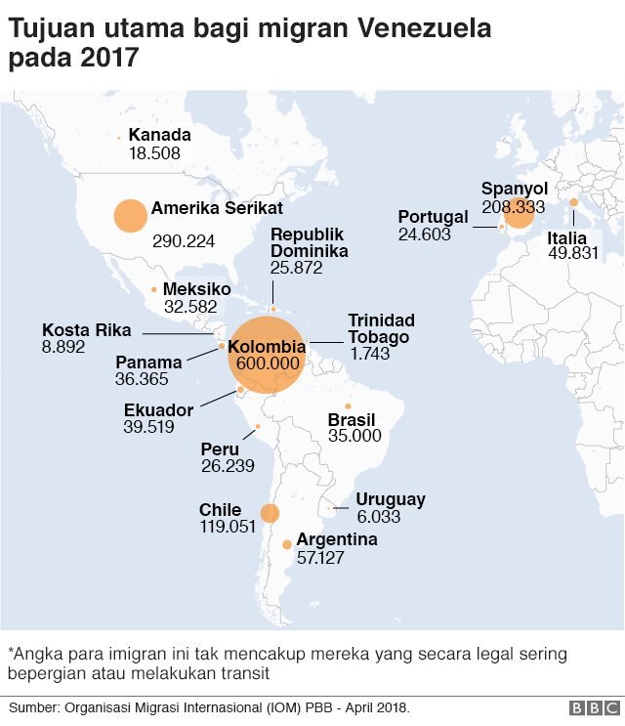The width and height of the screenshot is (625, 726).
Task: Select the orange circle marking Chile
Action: pyautogui.click(x=270, y=513)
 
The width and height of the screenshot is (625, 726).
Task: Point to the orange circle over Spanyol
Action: pyautogui.click(x=519, y=213)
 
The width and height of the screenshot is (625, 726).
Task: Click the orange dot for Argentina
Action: pyautogui.click(x=286, y=545)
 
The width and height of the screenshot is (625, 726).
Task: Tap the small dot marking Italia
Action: pyautogui.click(x=574, y=202)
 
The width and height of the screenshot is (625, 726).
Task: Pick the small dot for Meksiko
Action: pyautogui.click(x=154, y=289)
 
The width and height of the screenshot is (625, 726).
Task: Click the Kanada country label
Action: pyautogui.click(x=159, y=135)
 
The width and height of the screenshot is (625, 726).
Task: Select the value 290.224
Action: pyautogui.click(x=184, y=240)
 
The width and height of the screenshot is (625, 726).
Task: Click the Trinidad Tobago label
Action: pyautogui.click(x=381, y=328)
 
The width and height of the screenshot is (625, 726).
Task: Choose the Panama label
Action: pyautogui.click(x=148, y=363)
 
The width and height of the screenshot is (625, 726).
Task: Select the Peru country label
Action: pyautogui.click(x=220, y=448)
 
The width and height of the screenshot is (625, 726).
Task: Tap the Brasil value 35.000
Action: pyautogui.click(x=354, y=436)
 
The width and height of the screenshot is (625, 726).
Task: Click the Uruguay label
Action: pyautogui.click(x=391, y=499)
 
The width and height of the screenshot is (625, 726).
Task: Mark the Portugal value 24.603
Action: pyautogui.click(x=425, y=235)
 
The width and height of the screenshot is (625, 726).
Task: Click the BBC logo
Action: pyautogui.click(x=591, y=706)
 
